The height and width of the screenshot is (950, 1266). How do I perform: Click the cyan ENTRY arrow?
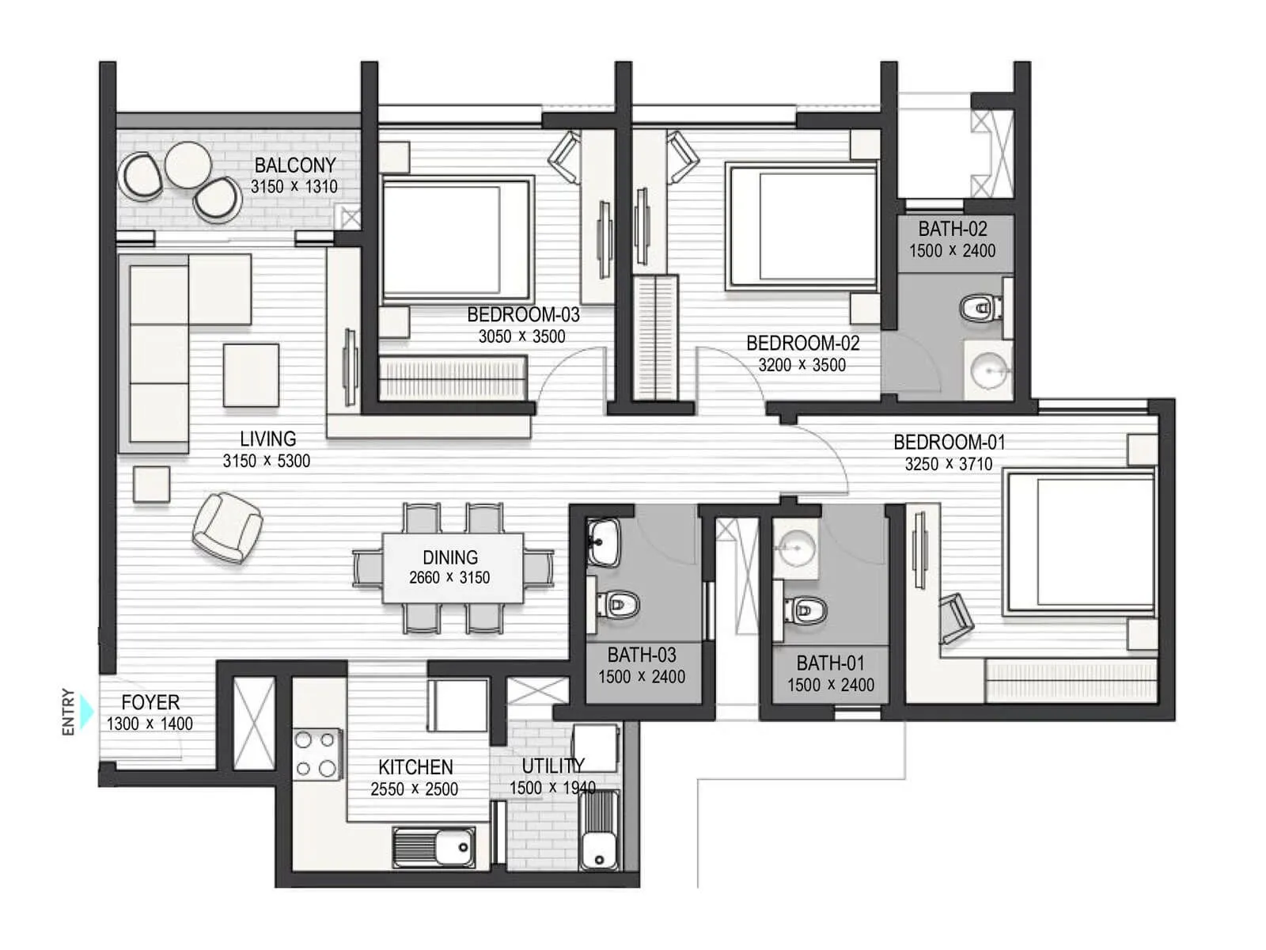[86, 711]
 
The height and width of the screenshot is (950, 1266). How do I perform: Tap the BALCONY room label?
[294, 165]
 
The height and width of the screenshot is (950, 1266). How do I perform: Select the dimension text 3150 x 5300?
[267, 461]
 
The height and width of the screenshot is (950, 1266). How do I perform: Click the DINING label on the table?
[450, 557]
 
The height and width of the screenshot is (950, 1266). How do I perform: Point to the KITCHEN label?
[415, 767]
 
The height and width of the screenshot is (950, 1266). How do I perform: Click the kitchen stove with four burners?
[316, 754]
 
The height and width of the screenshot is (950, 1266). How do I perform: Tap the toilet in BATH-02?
[980, 308]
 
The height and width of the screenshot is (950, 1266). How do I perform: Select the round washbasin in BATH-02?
[988, 370]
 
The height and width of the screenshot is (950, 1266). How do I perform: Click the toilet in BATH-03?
[618, 605]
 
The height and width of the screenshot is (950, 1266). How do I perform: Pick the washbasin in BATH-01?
[796, 548]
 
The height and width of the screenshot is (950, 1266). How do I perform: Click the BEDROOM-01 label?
[949, 443]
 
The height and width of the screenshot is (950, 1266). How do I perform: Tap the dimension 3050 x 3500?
[522, 336]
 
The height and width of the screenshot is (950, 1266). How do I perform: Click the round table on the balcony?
[188, 165]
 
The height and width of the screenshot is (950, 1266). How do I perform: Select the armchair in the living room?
[227, 527]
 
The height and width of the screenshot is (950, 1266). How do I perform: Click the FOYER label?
[150, 702]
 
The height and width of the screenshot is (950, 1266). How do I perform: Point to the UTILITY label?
[553, 766]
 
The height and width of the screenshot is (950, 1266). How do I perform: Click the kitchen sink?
[434, 847]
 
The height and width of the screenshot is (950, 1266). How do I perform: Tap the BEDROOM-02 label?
[803, 344]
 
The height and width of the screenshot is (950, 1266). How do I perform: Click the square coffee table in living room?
[251, 375]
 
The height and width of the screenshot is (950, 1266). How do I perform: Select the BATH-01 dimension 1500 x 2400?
[831, 686]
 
